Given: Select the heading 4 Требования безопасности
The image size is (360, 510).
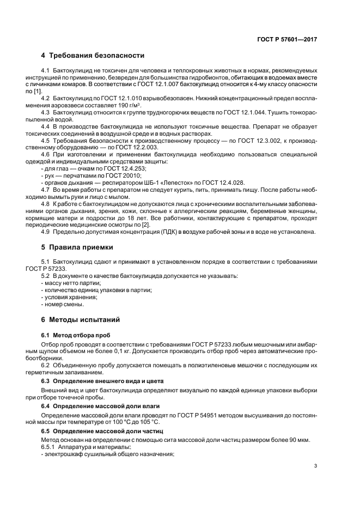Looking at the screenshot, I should pyautogui.click(x=93, y=56).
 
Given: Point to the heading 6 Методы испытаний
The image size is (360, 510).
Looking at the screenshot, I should pyautogui.click(x=80, y=319).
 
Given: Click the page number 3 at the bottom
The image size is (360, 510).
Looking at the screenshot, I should pyautogui.click(x=316, y=466).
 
